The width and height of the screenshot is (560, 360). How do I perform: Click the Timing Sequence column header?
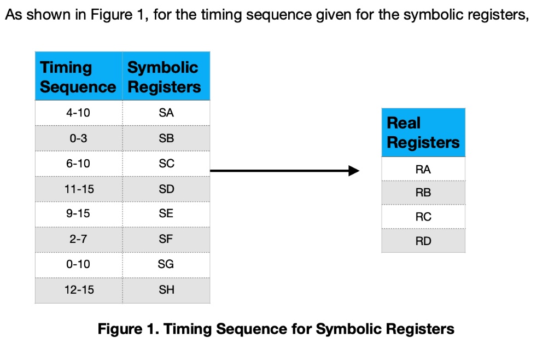pyautogui.click(x=78, y=77)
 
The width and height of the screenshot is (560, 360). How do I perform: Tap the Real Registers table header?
pyautogui.click(x=423, y=132)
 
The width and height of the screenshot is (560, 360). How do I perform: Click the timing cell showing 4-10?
pyautogui.click(x=78, y=113)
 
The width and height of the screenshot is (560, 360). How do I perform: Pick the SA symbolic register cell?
pyautogui.click(x=166, y=113)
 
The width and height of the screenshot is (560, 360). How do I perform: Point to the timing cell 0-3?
pyautogui.click(x=78, y=138)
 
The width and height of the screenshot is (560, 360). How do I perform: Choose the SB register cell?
pyautogui.click(x=166, y=138)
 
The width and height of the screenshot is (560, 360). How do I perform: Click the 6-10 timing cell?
pyautogui.click(x=78, y=164)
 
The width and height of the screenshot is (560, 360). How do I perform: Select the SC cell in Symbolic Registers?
pyautogui.click(x=166, y=164)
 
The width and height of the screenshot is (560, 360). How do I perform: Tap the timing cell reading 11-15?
pyautogui.click(x=78, y=189)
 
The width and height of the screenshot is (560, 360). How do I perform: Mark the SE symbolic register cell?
pyautogui.click(x=166, y=214)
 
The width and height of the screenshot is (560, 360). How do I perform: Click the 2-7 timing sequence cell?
pyautogui.click(x=78, y=239)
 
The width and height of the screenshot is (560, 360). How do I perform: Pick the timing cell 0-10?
pyautogui.click(x=78, y=264)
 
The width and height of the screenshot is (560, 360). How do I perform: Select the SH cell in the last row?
pyautogui.click(x=166, y=290)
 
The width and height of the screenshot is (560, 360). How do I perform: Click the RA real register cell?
pyautogui.click(x=423, y=169)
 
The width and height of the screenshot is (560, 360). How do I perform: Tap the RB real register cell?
pyautogui.click(x=423, y=193)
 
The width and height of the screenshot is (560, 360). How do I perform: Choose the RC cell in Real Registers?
pyautogui.click(x=423, y=217)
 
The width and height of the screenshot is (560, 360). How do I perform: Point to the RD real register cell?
pyautogui.click(x=423, y=241)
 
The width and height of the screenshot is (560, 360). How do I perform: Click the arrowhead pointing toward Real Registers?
pyautogui.click(x=353, y=171)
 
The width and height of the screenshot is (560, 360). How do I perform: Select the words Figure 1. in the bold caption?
pyautogui.click(x=128, y=329)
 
